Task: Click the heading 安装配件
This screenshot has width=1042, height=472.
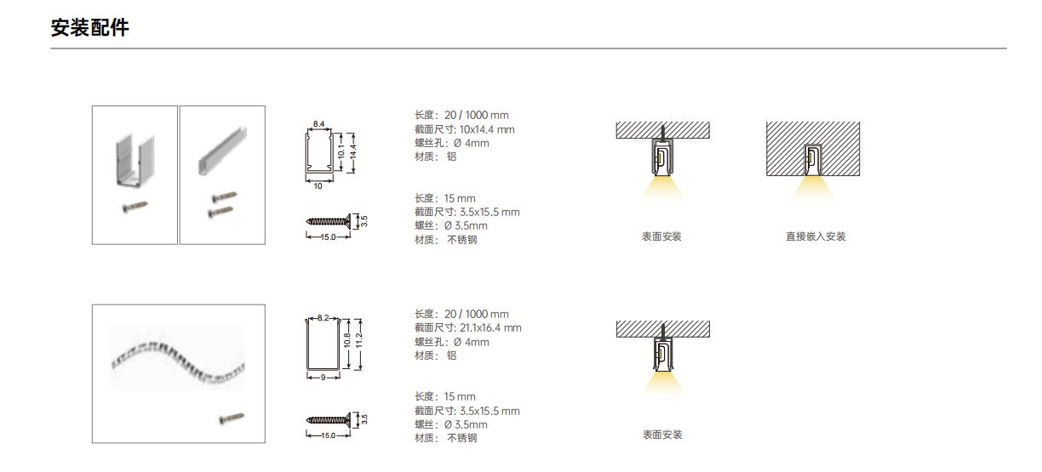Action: pos(89,27)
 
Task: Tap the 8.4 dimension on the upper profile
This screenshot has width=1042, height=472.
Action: pos(318,124)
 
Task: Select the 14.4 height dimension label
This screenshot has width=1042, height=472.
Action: pos(353,152)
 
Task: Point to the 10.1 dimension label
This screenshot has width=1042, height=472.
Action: pos(341,151)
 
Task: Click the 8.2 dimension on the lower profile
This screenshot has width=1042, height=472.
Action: pos(323,318)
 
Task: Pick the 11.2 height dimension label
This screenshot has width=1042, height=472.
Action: pos(358,340)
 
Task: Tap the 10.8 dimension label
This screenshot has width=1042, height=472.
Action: pos(346,340)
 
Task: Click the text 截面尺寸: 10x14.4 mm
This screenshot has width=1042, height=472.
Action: pos(465,129)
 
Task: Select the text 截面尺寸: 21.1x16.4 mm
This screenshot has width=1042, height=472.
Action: pos(468,328)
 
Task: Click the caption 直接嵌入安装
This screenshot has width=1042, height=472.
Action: pos(816,236)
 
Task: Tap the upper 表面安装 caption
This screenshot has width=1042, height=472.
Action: pos(661,236)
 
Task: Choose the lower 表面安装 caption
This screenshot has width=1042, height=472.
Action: pos(662,435)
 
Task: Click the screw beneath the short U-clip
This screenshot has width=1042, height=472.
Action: pos(135,206)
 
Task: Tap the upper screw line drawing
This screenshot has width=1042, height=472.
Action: pos(329,221)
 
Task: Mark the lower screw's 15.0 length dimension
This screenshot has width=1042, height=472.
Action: pos(328,435)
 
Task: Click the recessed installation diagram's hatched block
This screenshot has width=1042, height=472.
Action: pos(813,149)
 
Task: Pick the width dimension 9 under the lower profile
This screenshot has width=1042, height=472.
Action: pos(323,378)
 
